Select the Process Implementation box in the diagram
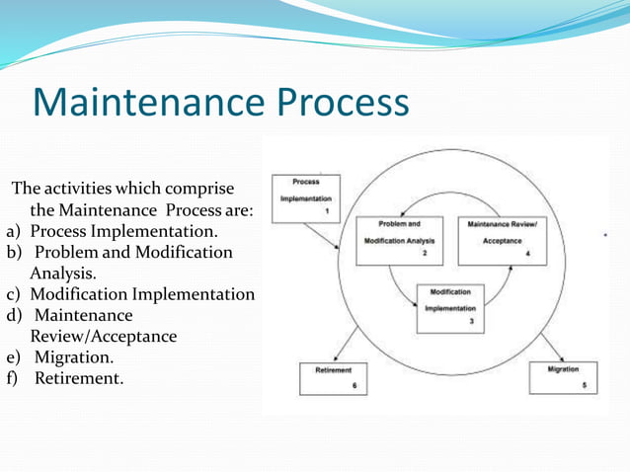[x=305, y=198]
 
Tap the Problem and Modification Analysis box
[x=398, y=239]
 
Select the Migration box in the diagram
[x=562, y=378]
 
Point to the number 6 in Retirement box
[x=354, y=387]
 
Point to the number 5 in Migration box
[x=584, y=386]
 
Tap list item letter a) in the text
[x=14, y=231]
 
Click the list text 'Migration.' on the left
[x=74, y=356]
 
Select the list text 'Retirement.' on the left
[x=79, y=377]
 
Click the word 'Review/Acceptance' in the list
[x=104, y=336]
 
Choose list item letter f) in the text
[x=13, y=377]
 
